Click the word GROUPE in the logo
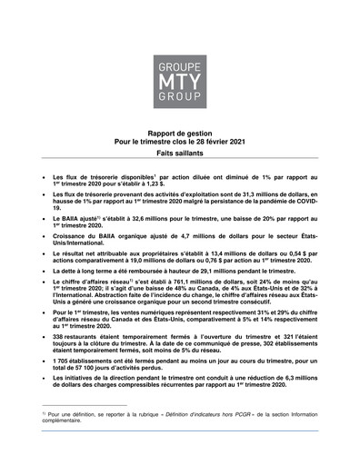click(x=179, y=44)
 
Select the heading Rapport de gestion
click(x=179, y=133)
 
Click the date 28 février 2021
click(x=217, y=143)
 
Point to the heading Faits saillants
click(x=179, y=156)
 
